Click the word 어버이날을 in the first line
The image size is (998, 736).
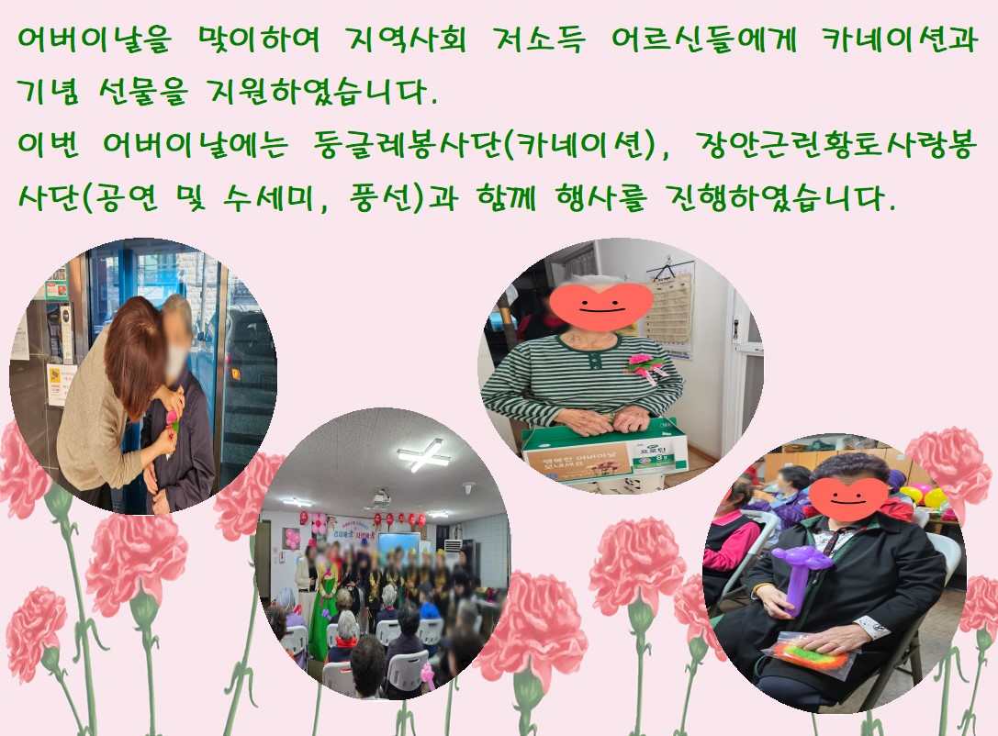click(x=94, y=39)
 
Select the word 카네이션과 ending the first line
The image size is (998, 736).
click(x=899, y=39)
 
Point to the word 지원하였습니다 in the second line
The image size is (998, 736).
click(x=322, y=93)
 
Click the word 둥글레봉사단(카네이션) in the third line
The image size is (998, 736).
click(x=485, y=146)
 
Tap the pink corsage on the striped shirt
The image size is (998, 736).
click(x=645, y=366)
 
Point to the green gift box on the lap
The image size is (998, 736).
click(x=605, y=453)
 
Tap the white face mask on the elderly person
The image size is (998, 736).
click(x=176, y=359)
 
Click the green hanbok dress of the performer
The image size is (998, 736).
click(x=322, y=609)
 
